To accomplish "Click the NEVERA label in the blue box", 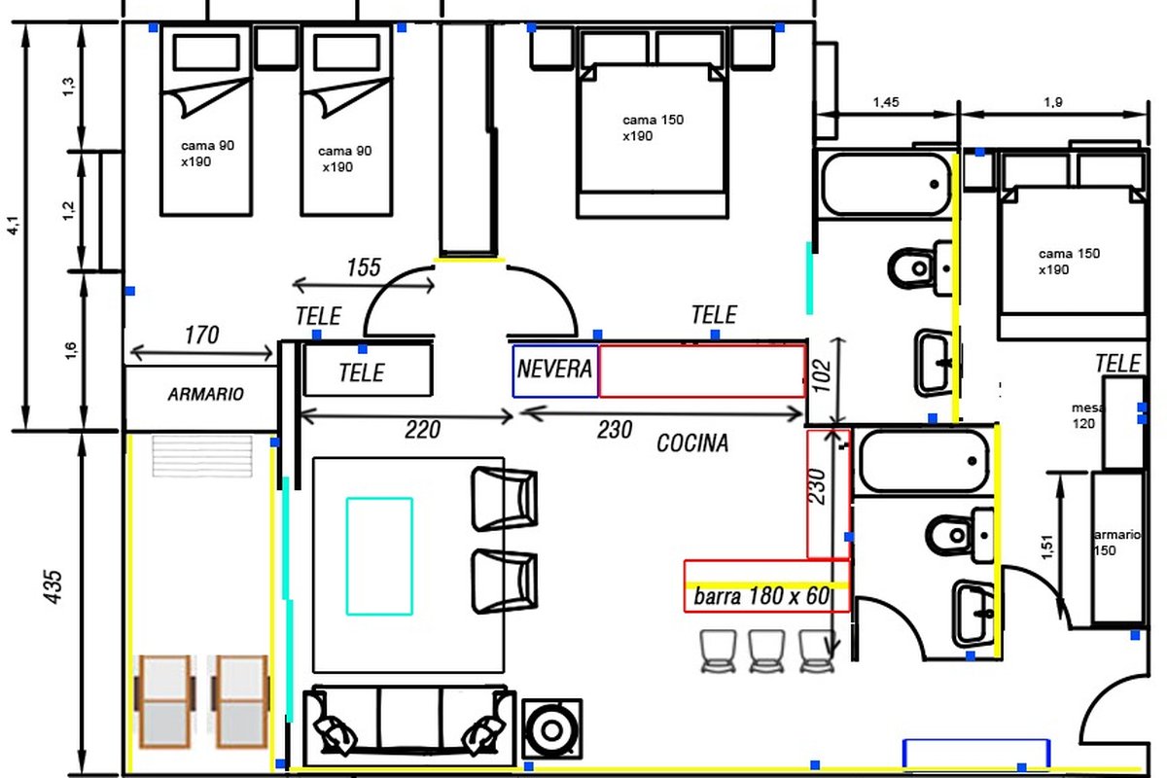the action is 554,369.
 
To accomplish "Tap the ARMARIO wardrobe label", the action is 206,394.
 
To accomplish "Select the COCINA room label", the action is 692,442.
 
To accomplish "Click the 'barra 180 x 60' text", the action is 761,595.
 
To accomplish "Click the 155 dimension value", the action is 364,267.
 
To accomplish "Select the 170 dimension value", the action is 202,336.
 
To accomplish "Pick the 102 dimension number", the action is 822,375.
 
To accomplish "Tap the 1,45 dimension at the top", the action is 886,102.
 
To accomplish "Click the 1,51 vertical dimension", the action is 1046,548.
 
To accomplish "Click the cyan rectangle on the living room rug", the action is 379,556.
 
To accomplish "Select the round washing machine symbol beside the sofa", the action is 551,729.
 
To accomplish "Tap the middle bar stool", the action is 766,651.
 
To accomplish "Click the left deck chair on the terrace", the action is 164,701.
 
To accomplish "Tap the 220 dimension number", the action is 422,430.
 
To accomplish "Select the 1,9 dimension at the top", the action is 1053,102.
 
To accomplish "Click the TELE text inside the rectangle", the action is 362,372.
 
